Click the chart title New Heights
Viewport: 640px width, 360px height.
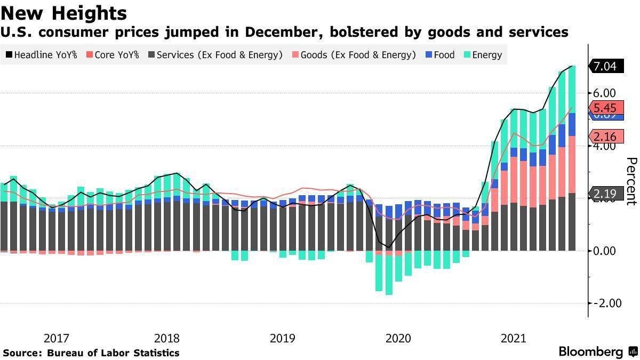(64, 13)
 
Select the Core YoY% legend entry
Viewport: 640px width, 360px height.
(113, 54)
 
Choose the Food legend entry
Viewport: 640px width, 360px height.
(440, 54)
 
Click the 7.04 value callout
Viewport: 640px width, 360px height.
(605, 67)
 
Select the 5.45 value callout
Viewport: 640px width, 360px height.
(605, 107)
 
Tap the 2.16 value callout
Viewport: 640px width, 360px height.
(605, 136)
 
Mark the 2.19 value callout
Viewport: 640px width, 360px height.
(605, 194)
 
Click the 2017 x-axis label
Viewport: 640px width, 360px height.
(57, 338)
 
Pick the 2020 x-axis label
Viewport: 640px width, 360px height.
(398, 338)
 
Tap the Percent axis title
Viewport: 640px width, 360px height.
(631, 181)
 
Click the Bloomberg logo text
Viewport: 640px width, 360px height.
(590, 352)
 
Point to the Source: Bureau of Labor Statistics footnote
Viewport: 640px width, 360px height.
(91, 353)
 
